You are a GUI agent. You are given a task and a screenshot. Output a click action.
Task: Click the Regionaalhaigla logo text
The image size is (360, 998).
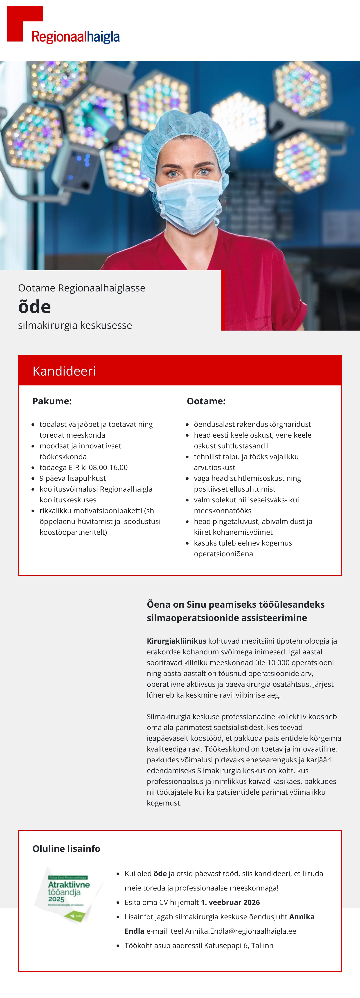pos(76,37)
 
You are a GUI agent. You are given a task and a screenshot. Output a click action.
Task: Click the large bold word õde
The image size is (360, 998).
pos(34,307)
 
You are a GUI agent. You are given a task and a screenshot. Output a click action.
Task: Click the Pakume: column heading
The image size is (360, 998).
pos(52,401)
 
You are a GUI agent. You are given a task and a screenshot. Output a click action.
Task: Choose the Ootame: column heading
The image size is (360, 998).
pos(206,401)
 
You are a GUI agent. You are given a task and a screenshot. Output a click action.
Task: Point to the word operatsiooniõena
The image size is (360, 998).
pos(223,554)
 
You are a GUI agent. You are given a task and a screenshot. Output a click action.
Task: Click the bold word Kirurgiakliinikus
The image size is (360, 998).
pos(176,641)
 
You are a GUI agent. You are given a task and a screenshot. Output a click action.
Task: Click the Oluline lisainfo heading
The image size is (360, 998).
pos(66,849)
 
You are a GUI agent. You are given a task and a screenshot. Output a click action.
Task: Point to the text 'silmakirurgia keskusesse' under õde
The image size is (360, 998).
pos(75,325)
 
